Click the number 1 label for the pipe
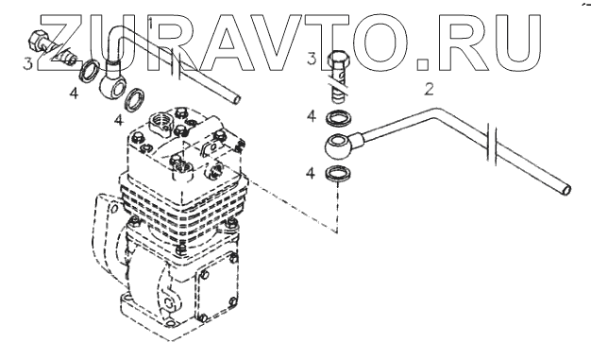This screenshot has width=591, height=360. click(x=151, y=24)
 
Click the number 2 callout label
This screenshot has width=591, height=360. click(x=429, y=90)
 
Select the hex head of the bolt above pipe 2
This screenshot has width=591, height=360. click(x=337, y=60)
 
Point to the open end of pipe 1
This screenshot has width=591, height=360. click(x=236, y=99)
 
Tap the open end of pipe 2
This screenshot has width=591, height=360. click(x=566, y=189)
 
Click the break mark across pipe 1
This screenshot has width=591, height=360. click(x=176, y=63)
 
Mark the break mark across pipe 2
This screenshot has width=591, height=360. click(x=492, y=145)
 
